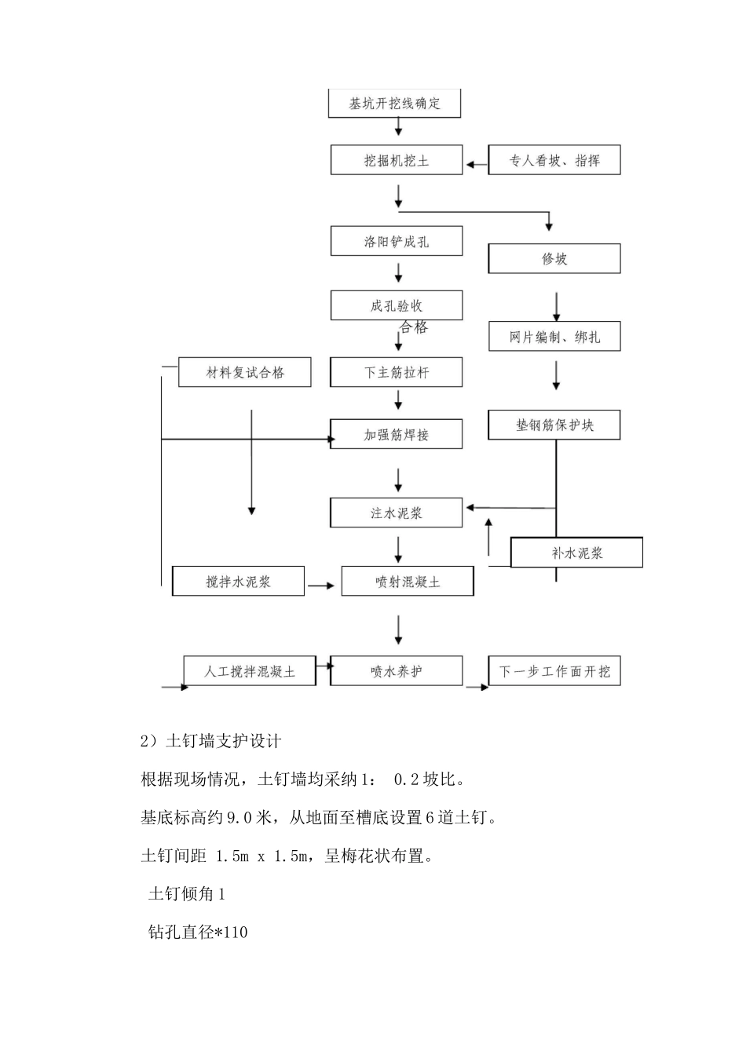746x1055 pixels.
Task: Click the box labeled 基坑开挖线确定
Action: coord(394,104)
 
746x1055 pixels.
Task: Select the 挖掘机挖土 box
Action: coord(397,160)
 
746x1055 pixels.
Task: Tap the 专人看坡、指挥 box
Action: coord(554,160)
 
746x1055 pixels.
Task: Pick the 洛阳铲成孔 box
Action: coord(397,242)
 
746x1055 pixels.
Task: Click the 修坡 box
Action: coord(554,259)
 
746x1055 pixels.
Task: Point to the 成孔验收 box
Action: coord(397,305)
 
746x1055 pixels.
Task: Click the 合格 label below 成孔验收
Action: coord(414,327)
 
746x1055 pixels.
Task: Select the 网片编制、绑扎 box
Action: coord(554,337)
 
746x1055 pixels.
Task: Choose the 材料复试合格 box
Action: coord(245,373)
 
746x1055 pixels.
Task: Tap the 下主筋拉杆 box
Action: coord(397,373)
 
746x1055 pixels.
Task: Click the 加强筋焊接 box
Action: coord(397,434)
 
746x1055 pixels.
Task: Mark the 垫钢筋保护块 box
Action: coord(554,425)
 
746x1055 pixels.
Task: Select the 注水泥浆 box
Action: coord(397,513)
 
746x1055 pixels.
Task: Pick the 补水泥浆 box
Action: coord(576,553)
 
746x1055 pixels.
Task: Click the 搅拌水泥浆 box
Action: coord(238,582)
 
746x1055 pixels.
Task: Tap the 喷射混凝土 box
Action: coord(408,582)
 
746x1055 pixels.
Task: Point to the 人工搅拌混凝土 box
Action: coord(250,671)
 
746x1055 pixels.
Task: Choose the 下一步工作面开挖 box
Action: coord(554,671)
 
